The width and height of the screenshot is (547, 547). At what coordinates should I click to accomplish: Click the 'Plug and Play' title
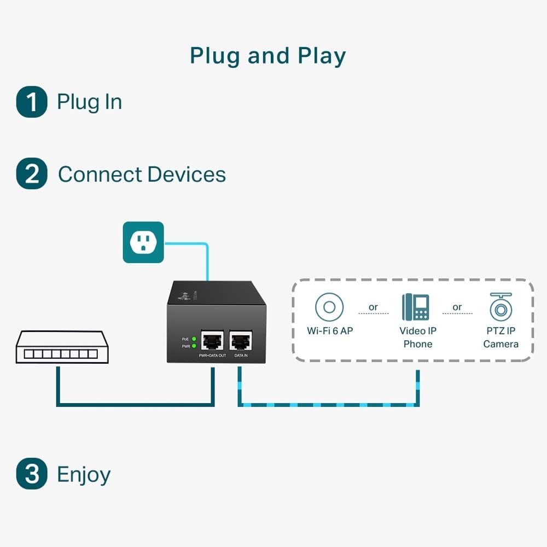pyautogui.click(x=267, y=56)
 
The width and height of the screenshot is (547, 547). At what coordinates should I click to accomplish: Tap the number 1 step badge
pyautogui.click(x=32, y=102)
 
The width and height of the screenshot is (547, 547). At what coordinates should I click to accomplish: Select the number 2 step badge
pyautogui.click(x=32, y=174)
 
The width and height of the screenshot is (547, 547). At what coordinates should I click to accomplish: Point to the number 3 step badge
pyautogui.click(x=32, y=474)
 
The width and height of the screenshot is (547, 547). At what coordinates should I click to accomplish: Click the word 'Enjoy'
pyautogui.click(x=84, y=474)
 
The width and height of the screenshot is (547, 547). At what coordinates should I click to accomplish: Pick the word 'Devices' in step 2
pyautogui.click(x=187, y=174)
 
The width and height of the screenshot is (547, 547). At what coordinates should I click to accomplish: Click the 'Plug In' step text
pyautogui.click(x=89, y=102)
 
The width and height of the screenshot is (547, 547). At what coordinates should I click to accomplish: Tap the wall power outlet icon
pyautogui.click(x=143, y=242)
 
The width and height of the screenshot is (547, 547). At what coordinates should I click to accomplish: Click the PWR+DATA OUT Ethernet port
pyautogui.click(x=212, y=341)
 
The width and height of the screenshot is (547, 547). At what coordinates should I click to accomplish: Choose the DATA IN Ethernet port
pyautogui.click(x=241, y=341)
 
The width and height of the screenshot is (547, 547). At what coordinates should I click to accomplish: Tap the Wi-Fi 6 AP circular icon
pyautogui.click(x=329, y=307)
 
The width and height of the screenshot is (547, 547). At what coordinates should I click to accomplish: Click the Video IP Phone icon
pyautogui.click(x=416, y=307)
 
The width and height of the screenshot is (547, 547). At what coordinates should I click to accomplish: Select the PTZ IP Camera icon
pyautogui.click(x=501, y=307)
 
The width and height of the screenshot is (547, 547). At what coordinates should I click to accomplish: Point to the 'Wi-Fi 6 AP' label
pyautogui.click(x=329, y=331)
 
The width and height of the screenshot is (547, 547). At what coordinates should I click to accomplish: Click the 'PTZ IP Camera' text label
pyautogui.click(x=501, y=337)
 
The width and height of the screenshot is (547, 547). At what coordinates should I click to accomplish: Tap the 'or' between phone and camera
pyautogui.click(x=457, y=307)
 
